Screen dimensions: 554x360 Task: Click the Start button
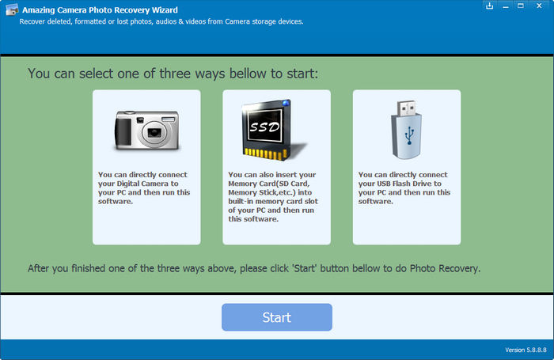pyautogui.click(x=277, y=317)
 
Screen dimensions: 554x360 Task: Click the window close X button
pyautogui.click(x=539, y=6)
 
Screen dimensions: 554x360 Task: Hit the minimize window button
pyautogui.click(x=506, y=7)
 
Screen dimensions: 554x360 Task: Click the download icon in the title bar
pyautogui.click(x=489, y=6)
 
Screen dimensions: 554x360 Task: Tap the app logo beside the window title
pyautogui.click(x=11, y=10)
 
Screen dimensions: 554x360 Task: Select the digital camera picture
pyautogui.click(x=147, y=131)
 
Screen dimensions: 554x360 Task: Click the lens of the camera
pyautogui.click(x=154, y=132)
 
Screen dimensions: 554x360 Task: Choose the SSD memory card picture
pyautogui.click(x=274, y=130)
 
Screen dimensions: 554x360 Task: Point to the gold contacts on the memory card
pyautogui.click(x=265, y=153)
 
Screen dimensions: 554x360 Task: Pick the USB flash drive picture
pyautogui.click(x=406, y=130)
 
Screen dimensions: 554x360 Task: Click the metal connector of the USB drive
pyautogui.click(x=406, y=108)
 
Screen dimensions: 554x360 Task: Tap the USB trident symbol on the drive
pyautogui.click(x=409, y=135)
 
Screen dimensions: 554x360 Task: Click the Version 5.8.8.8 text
pyautogui.click(x=526, y=350)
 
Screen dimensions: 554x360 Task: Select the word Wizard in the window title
pyautogui.click(x=165, y=10)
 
